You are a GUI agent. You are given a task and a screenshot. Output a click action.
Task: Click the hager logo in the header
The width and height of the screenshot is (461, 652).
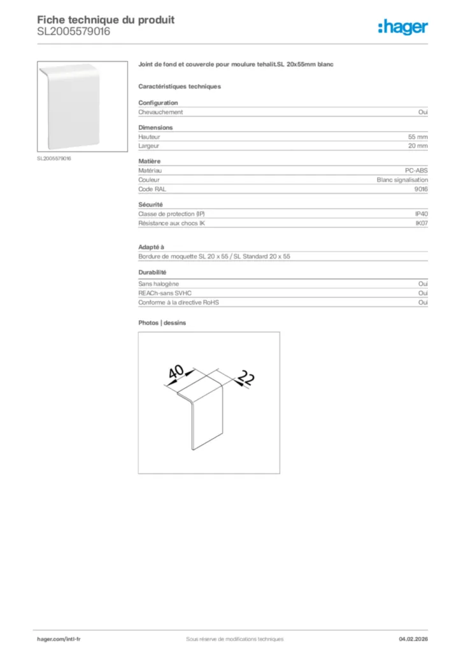point(402,27)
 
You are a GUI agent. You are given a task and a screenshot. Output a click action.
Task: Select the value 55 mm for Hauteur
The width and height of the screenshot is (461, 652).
point(418,137)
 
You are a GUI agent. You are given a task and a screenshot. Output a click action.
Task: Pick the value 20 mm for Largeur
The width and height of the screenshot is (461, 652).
point(418,146)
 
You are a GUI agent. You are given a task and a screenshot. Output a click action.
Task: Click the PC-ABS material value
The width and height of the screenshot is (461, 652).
point(416,171)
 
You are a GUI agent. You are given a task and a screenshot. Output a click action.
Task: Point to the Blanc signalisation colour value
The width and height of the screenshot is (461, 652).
point(402,180)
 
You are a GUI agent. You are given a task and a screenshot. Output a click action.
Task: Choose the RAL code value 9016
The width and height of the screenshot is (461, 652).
point(421,189)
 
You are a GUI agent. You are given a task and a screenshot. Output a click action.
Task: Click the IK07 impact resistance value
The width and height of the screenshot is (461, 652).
point(422,223)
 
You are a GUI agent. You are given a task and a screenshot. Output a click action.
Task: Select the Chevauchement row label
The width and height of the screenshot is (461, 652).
point(160,112)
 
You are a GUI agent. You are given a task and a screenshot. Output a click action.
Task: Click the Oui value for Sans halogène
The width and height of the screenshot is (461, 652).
point(423,284)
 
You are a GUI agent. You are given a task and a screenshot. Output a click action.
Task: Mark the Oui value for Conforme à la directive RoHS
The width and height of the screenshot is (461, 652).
point(423,302)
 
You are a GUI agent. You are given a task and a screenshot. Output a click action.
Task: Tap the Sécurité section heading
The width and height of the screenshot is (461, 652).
point(151,204)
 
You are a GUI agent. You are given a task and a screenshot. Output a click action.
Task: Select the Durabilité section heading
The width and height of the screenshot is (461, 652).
point(153,273)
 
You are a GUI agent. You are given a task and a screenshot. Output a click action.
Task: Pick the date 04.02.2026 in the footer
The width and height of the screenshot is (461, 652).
point(409,639)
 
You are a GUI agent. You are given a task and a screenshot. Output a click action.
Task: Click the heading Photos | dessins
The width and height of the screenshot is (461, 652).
point(162,323)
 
